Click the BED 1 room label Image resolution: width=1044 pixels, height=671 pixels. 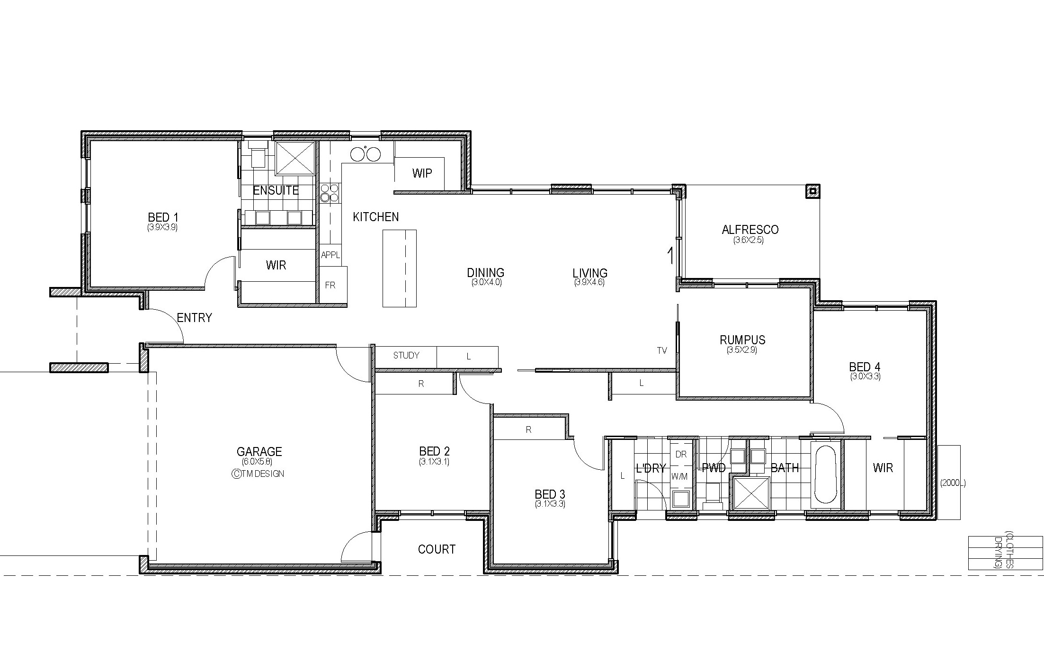pyautogui.click(x=163, y=217)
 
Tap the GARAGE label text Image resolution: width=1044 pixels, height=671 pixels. pyautogui.click(x=259, y=452)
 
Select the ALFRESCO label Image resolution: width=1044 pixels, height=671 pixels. pyautogui.click(x=750, y=230)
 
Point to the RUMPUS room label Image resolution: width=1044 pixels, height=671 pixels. pyautogui.click(x=742, y=340)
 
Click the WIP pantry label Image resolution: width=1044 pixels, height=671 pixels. pyautogui.click(x=422, y=173)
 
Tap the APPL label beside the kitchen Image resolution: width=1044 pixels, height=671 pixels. pyautogui.click(x=330, y=255)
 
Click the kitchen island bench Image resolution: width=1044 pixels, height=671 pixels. pyautogui.click(x=399, y=268)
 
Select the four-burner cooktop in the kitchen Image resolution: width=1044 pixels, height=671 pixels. pyautogui.click(x=330, y=193)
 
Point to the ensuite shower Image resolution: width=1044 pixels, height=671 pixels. pyautogui.click(x=295, y=158)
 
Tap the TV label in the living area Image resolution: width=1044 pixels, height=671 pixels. pyautogui.click(x=662, y=350)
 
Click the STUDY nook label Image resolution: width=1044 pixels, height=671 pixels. pyautogui.click(x=406, y=355)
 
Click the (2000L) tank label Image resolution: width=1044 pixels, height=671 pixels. pyautogui.click(x=953, y=483)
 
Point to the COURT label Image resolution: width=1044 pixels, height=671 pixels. pyautogui.click(x=437, y=549)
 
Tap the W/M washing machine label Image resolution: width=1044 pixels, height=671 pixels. pyautogui.click(x=679, y=477)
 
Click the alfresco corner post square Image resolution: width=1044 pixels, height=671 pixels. pyautogui.click(x=813, y=191)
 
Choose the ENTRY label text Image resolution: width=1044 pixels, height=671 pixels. pyautogui.click(x=194, y=318)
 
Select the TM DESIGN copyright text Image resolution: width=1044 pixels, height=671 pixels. pyautogui.click(x=258, y=474)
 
